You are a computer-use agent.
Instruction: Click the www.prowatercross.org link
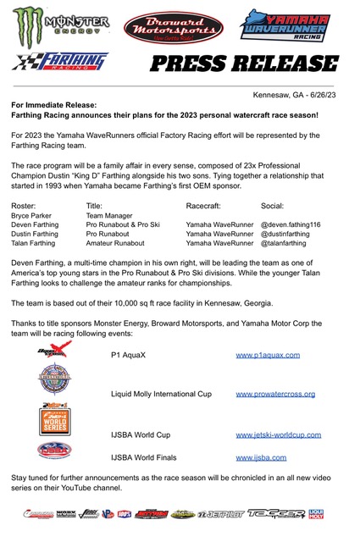click(275, 394)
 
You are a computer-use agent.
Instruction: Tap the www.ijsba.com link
click(261, 457)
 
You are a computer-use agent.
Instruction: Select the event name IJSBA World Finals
click(151, 457)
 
